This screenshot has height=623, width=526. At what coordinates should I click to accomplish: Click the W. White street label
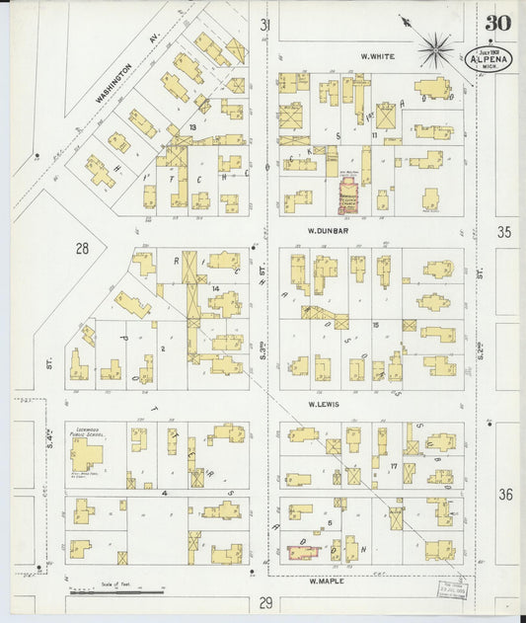377,56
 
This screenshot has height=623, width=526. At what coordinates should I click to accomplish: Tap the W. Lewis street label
324,405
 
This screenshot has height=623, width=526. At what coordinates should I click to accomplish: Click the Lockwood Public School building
86,454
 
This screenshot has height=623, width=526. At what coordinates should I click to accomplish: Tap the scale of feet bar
116,592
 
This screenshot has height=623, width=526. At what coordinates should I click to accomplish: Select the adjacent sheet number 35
505,233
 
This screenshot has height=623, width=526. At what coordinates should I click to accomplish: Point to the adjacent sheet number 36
505,494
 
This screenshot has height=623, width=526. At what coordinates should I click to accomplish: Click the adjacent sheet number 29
265,602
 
